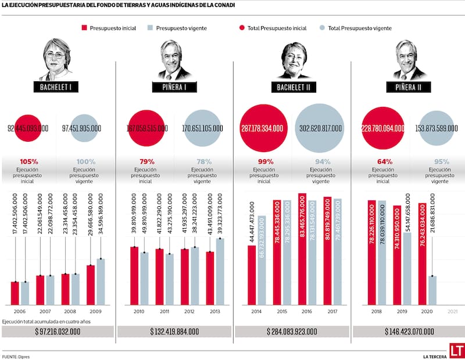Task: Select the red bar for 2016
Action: click(302, 250)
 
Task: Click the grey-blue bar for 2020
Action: click(432, 290)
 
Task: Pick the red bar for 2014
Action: click(252, 275)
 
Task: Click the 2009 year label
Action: click(95, 312)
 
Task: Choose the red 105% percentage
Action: click(29, 161)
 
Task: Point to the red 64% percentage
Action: click(382, 161)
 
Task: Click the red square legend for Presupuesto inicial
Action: click(85, 28)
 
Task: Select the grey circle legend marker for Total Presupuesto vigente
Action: click(322, 28)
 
